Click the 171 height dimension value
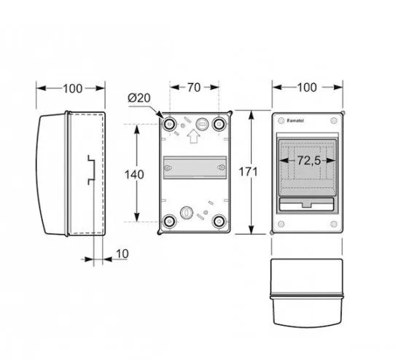click(x=248, y=172)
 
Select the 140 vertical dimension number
click(x=134, y=175)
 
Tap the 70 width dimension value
click(x=194, y=87)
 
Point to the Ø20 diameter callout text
click(x=139, y=98)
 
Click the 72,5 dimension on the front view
click(x=308, y=161)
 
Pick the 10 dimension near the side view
click(x=123, y=254)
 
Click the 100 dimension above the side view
click(x=72, y=89)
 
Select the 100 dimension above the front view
click(x=307, y=87)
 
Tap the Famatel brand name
click(x=295, y=121)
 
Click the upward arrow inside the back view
click(x=193, y=136)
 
